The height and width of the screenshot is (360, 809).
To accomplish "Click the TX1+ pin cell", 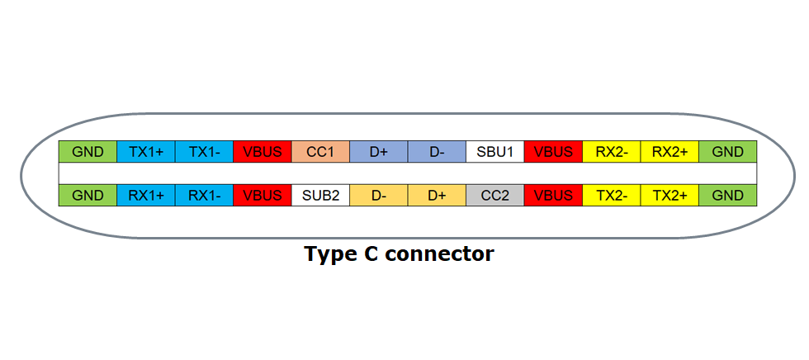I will (146, 152).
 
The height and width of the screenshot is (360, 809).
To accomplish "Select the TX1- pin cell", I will (204, 152).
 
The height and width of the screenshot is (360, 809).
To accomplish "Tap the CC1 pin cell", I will (320, 152).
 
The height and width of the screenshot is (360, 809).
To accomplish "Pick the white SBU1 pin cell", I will (494, 152).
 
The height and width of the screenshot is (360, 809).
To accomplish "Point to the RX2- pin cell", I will (611, 152).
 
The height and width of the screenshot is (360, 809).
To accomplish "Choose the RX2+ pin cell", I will (669, 152).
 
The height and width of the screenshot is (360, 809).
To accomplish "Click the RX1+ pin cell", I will (146, 196).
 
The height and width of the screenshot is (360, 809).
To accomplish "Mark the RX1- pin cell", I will (204, 196).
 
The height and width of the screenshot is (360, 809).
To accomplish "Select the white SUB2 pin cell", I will (320, 196).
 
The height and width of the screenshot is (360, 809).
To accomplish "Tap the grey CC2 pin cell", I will (494, 196).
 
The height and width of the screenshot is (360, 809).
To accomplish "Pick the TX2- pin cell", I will (611, 196).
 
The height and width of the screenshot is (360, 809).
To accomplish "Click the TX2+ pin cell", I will (669, 196).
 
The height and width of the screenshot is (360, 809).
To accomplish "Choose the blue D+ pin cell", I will (378, 152).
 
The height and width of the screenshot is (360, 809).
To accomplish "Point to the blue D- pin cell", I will (437, 152).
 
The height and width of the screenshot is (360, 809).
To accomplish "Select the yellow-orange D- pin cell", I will (378, 196).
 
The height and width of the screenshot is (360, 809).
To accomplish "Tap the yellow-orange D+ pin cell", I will (437, 196).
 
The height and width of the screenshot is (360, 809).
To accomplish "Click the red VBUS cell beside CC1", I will (263, 152).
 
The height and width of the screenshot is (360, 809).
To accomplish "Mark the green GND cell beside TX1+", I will (88, 152).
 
